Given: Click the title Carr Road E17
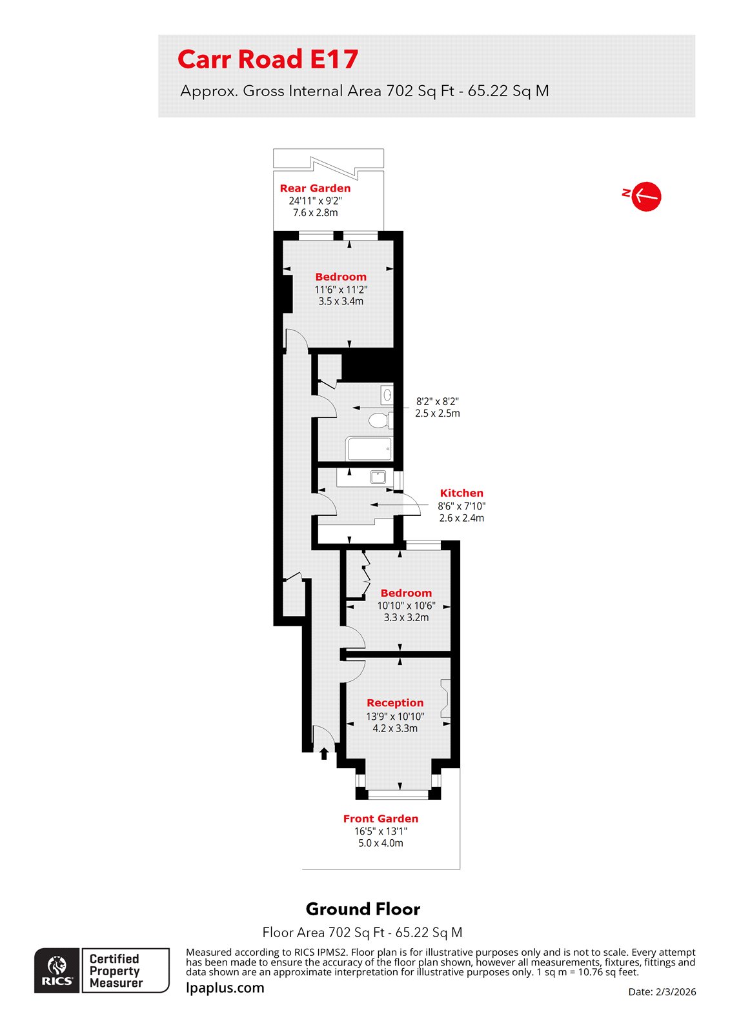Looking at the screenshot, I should [267, 59].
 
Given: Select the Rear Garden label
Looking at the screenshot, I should [315, 188].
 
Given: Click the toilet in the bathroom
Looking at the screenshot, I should [379, 421].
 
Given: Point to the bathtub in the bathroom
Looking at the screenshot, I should [369, 448].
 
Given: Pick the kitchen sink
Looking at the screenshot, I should [378, 477].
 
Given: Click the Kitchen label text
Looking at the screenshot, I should [461, 493].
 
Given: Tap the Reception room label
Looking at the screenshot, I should [395, 703].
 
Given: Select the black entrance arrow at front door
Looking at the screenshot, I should [324, 753].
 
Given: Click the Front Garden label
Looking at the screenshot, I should [381, 819].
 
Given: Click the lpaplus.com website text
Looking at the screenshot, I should [225, 987].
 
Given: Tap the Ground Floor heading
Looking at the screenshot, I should [363, 909].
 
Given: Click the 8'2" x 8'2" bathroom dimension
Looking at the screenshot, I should [437, 401].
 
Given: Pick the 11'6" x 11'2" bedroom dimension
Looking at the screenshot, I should [341, 290].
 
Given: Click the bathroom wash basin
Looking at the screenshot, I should [387, 394].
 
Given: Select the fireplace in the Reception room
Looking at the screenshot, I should [445, 699].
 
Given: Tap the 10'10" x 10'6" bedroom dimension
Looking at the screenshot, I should [406, 606].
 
